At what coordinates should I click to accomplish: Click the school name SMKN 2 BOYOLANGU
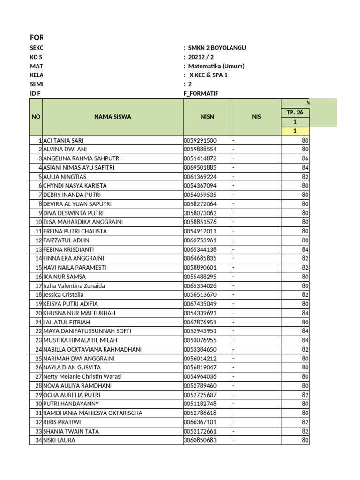(x=217, y=48)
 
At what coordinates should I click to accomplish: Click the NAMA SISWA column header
(x=112, y=117)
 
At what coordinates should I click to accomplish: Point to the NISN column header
(x=207, y=117)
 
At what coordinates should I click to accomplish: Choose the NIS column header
(x=256, y=117)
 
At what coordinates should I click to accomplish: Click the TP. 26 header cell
(x=295, y=112)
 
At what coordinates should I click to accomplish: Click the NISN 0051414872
(x=200, y=158)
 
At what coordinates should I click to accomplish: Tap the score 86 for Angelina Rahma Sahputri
(x=305, y=158)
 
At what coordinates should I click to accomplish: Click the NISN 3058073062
(x=200, y=213)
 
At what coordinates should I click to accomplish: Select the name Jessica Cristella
(x=63, y=295)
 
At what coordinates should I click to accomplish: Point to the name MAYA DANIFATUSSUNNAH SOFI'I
(x=87, y=331)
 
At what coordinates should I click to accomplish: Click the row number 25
(x=38, y=359)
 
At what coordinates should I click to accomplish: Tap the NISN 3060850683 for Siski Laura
(x=200, y=440)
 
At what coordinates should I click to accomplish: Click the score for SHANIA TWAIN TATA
(x=305, y=431)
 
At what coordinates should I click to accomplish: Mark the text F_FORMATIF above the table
(x=201, y=93)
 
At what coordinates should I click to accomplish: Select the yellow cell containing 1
(x=295, y=131)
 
